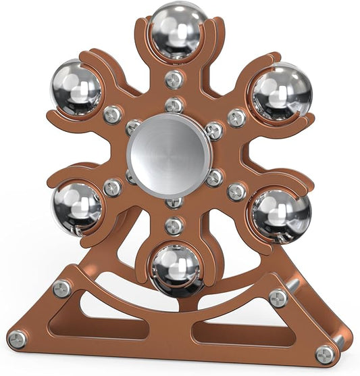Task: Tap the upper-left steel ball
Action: click(76, 89)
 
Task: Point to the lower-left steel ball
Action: click(77, 206)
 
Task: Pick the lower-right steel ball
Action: click(281, 214)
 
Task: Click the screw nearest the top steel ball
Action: click(174, 80)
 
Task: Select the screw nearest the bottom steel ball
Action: click(174, 226)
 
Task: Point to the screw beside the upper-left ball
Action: click(113, 114)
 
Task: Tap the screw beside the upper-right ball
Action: click(236, 118)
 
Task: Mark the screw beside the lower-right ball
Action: click(236, 191)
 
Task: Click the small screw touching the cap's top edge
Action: click(174, 105)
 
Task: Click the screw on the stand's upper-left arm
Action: click(62, 289)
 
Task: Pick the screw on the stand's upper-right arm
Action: click(278, 298)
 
